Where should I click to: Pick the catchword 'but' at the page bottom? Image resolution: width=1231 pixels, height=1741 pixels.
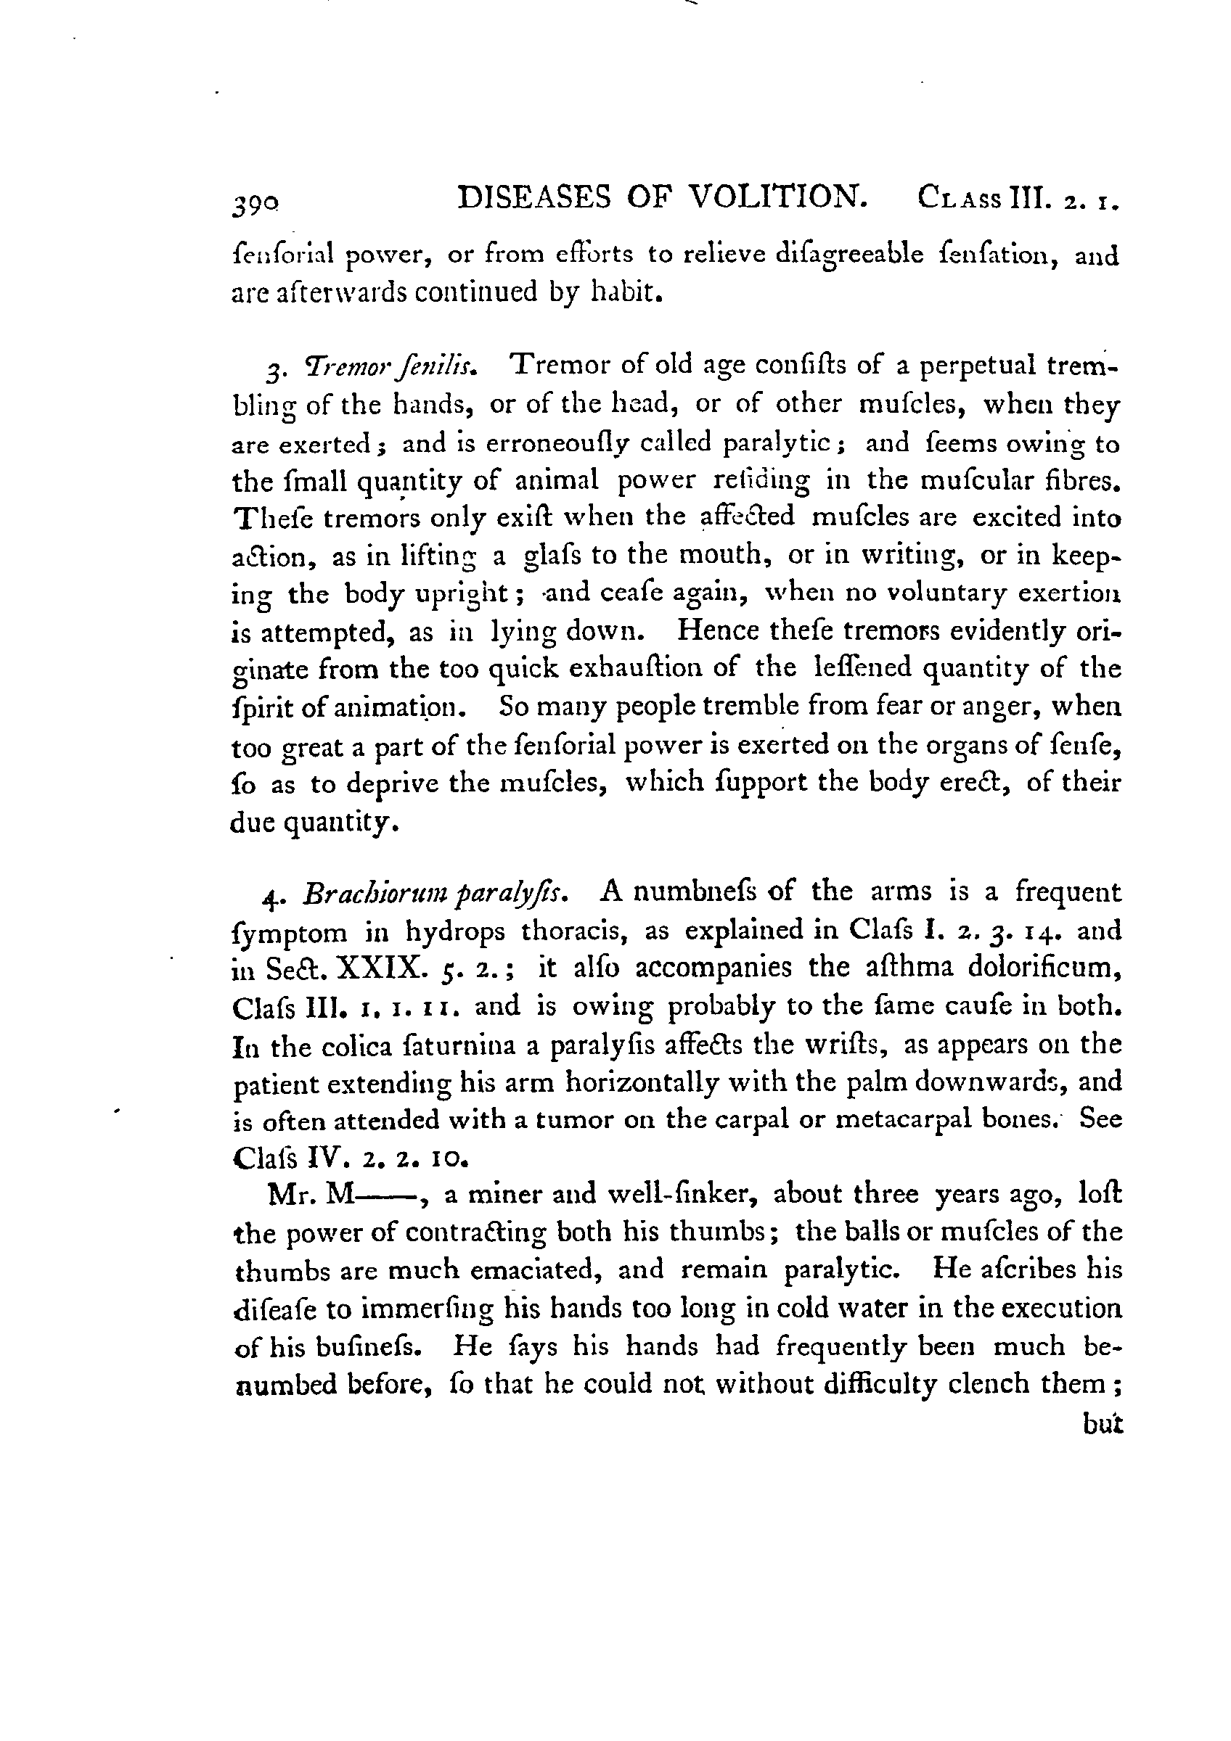pos(1102,1425)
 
